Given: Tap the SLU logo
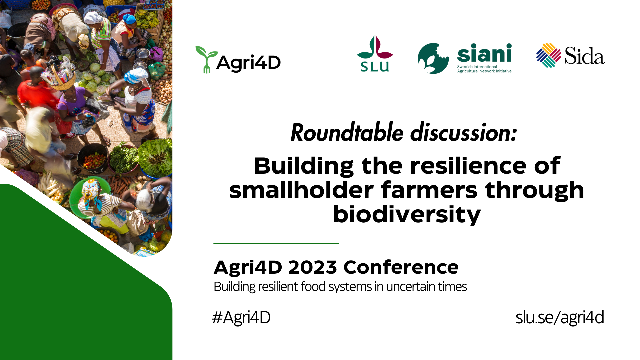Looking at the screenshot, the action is pyautogui.click(x=375, y=53).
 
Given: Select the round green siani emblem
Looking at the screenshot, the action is pyautogui.click(x=433, y=58).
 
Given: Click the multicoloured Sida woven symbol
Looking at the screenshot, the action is pyautogui.click(x=549, y=55).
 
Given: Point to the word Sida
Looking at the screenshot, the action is pyautogui.click(x=585, y=56).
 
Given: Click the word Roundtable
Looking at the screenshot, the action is pyautogui.click(x=347, y=132).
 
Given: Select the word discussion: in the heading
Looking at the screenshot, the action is pyautogui.click(x=464, y=132).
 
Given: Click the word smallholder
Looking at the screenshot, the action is pyautogui.click(x=301, y=190).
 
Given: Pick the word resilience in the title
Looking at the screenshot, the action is pyautogui.click(x=468, y=166).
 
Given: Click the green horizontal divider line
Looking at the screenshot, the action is pyautogui.click(x=276, y=243).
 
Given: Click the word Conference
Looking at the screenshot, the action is pyautogui.click(x=401, y=267).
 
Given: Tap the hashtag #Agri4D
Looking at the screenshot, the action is pyautogui.click(x=241, y=317).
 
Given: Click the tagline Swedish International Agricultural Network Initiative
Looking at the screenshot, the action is pyautogui.click(x=484, y=69).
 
